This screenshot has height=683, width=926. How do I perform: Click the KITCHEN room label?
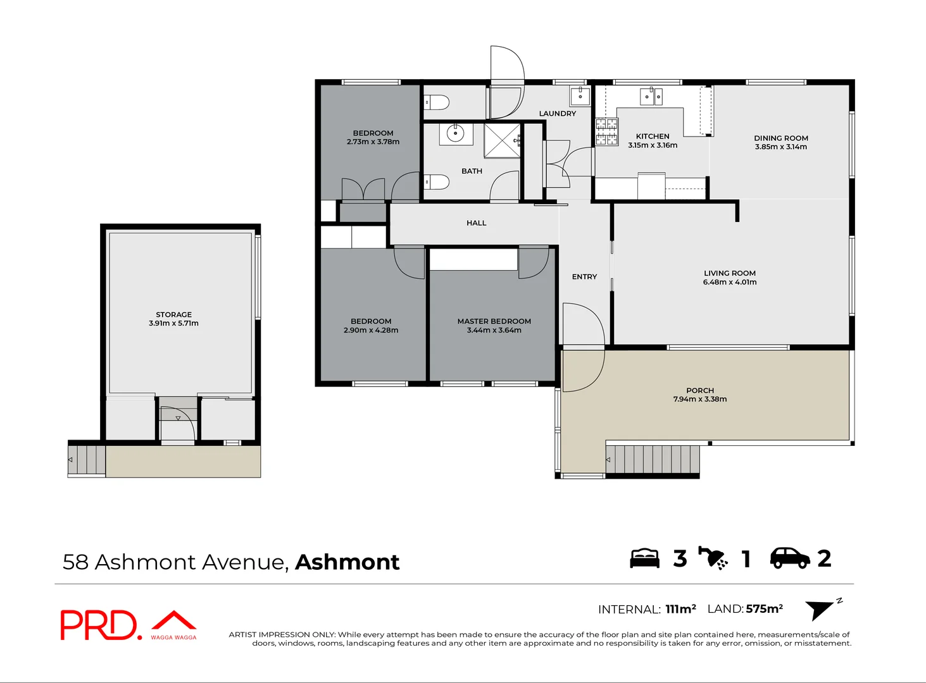(652, 136)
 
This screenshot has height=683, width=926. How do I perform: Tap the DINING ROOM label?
(780, 138)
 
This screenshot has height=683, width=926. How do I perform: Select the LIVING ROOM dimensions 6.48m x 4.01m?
(729, 282)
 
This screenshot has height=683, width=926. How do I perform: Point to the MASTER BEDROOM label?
(494, 321)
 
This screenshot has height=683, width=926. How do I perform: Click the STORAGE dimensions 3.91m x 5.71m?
(173, 323)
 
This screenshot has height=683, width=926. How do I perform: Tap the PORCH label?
(699, 390)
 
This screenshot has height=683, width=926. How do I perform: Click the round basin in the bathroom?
(454, 133)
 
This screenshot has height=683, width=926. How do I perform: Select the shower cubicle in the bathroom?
(502, 140)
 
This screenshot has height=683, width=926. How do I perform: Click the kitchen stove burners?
(606, 132)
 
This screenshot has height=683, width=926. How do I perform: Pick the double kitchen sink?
(651, 96)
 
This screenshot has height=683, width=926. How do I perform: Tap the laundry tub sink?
(580, 96)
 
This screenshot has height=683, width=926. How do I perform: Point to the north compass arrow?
(821, 609)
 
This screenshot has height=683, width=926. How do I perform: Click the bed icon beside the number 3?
(644, 558)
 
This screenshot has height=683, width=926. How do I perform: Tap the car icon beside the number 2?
(789, 558)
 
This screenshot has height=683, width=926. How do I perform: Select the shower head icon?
(713, 558)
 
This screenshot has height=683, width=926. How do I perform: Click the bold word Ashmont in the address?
(347, 562)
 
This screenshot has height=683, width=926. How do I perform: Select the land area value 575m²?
(764, 608)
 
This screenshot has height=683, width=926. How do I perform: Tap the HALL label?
(476, 223)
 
